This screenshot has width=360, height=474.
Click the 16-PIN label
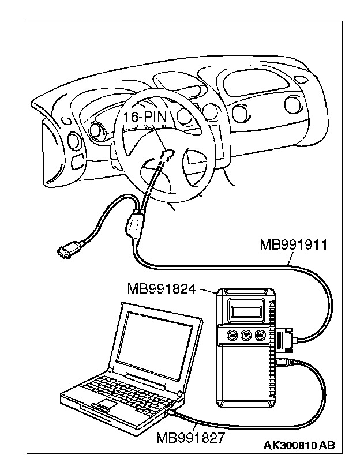(144, 118)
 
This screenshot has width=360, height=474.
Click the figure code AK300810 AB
(299, 445)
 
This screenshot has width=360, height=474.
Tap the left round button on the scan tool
(231, 334)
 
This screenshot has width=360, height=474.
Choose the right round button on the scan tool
(260, 334)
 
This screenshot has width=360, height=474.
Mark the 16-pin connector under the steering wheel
(168, 153)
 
